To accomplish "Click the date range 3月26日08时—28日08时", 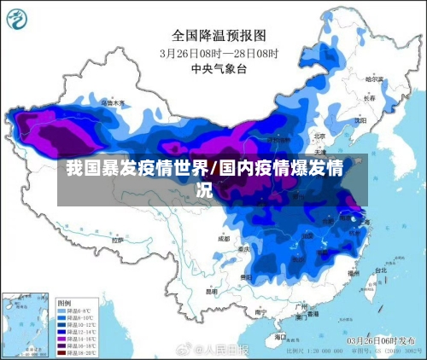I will coord(213,52).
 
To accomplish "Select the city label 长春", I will coord(369,98).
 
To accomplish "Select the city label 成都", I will coord(224,239).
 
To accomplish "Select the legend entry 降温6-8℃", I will coord(76,311).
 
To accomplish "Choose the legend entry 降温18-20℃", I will coord(77,351).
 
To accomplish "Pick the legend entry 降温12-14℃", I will coord(77,331).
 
